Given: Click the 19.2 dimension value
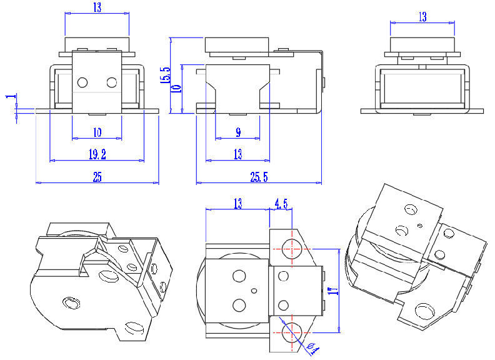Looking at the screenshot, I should (97, 154).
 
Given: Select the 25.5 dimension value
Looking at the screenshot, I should (259, 177).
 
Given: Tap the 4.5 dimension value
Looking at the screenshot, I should (281, 202).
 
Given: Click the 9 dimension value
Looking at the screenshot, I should (238, 133).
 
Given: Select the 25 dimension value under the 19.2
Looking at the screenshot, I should (97, 177).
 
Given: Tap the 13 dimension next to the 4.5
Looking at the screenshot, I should (237, 202).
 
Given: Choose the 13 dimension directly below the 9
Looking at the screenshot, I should (238, 154).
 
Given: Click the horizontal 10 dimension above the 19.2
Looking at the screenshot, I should (97, 133).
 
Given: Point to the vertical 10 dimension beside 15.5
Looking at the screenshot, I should (177, 87).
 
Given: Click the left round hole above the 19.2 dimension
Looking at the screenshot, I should (83, 82).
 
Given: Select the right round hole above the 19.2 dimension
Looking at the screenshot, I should (112, 82).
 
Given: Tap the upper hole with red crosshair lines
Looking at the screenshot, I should (289, 247).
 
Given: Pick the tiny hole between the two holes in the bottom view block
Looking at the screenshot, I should (254, 291).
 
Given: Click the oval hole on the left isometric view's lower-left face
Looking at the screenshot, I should (70, 303).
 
